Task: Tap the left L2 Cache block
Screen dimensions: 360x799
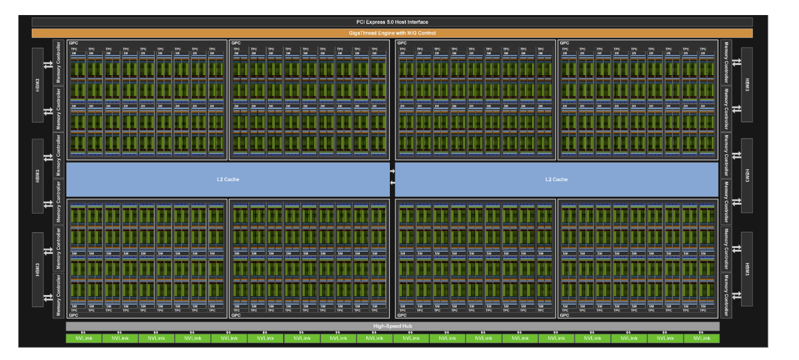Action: point(228,179)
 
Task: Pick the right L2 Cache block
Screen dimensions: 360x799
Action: point(557,179)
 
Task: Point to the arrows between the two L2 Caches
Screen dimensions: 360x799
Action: point(392,176)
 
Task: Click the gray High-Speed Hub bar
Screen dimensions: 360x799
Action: point(392,326)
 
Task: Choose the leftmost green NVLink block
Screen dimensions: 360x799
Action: point(84,338)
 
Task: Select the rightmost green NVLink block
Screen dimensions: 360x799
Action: point(702,338)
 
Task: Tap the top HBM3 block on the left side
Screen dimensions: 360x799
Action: point(38,85)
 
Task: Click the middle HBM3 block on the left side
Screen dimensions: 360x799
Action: point(38,176)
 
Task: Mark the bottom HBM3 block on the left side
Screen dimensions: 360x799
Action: point(38,269)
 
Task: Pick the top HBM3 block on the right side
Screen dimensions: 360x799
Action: point(747,85)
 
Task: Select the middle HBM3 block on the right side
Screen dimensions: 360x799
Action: point(747,176)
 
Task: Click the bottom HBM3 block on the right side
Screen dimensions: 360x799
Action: point(747,269)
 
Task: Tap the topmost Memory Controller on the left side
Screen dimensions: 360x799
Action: point(59,62)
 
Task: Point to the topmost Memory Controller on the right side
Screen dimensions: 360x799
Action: point(726,62)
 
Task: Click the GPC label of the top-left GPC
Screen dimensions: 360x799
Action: point(73,43)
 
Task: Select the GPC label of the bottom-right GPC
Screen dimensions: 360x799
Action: point(564,315)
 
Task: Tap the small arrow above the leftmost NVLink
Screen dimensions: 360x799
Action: point(84,332)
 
